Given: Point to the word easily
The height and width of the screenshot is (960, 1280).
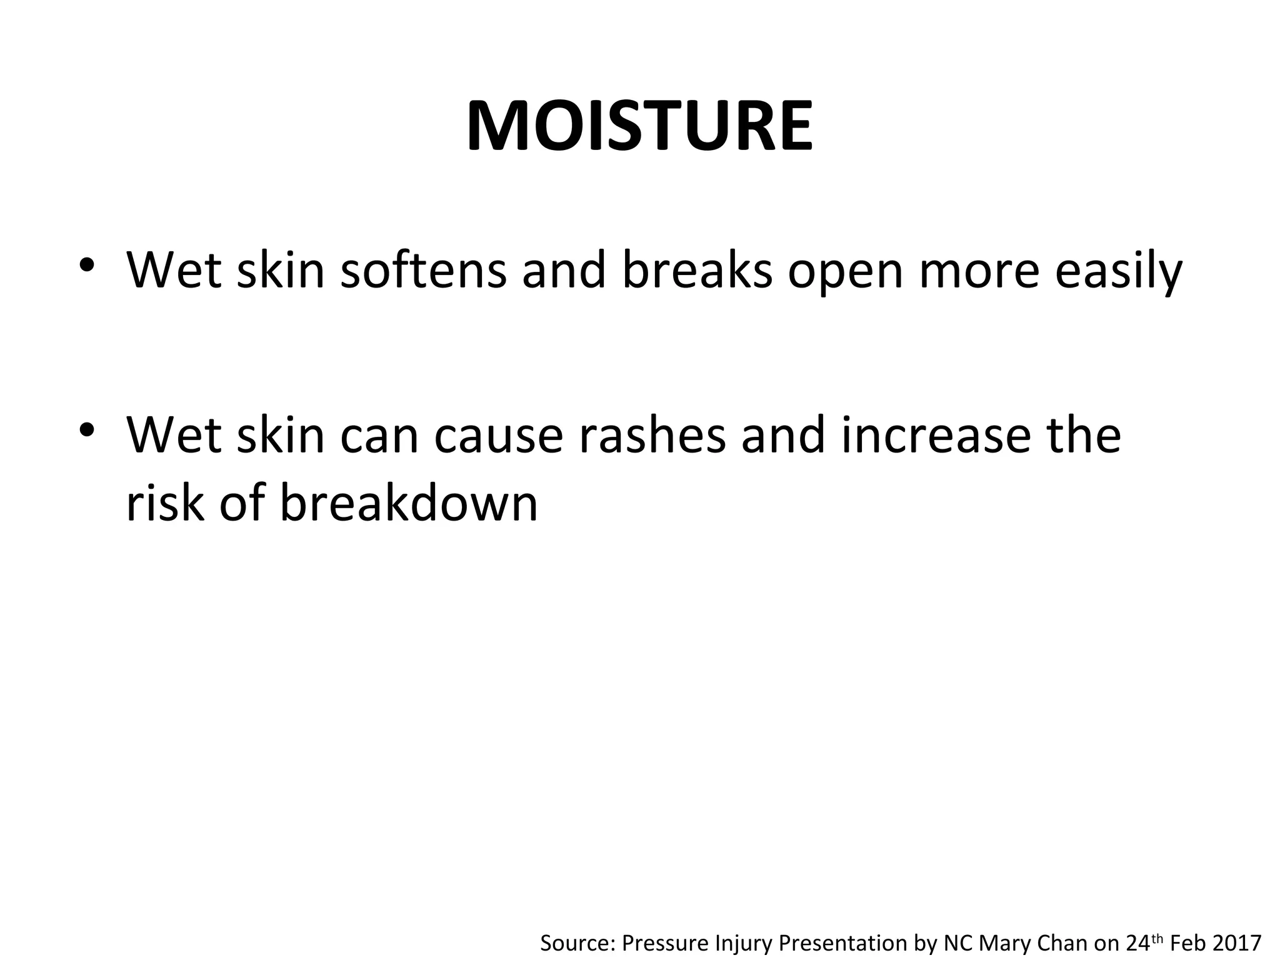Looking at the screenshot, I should pos(1119,272).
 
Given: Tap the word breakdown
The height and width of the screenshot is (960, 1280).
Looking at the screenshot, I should pos(409,502).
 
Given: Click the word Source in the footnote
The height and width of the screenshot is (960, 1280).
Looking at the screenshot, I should pos(576,942).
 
